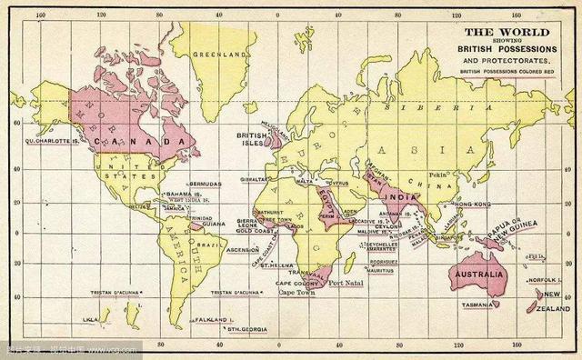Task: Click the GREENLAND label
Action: coord(221,55)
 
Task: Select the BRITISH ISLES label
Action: coord(251,139)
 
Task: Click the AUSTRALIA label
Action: coord(476,274)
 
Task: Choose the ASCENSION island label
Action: coord(242,248)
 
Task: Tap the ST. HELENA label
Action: coord(253,265)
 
